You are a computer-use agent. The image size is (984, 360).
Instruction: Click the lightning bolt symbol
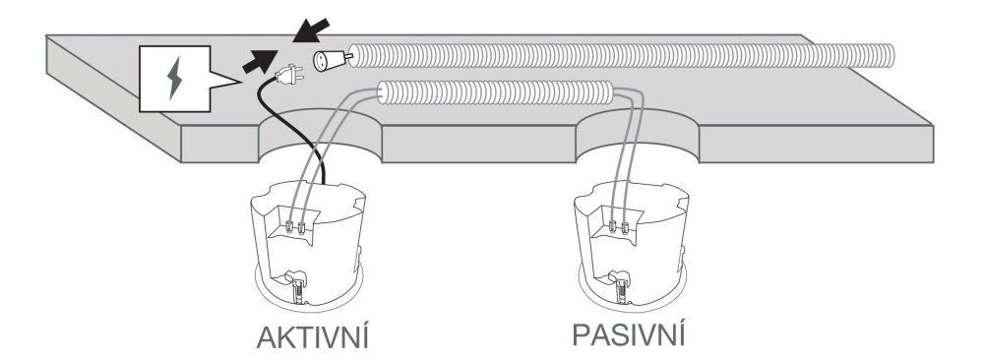[x=174, y=79]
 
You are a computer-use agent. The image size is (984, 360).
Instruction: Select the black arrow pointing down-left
[x=313, y=30]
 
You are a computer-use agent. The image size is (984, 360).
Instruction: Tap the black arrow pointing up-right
[x=260, y=61]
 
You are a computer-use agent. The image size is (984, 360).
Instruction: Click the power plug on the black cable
[x=289, y=76]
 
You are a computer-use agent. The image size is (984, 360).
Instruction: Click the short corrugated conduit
[x=495, y=92]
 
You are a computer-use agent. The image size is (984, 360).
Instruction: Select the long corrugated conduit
[x=620, y=55]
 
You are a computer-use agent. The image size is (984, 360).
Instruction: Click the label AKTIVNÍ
[x=312, y=337]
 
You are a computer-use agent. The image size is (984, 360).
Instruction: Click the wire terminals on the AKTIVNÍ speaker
[x=295, y=226]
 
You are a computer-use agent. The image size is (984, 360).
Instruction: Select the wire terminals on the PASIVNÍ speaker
[x=619, y=226]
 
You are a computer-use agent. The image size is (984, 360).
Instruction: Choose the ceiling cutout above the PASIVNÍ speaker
[x=637, y=135]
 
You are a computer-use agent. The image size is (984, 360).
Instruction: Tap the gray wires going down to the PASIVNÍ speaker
[x=631, y=156]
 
